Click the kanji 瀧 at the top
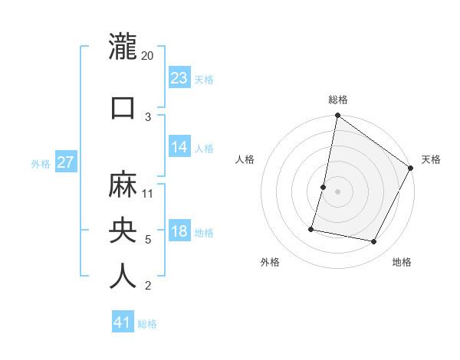coord(123,47)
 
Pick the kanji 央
coord(123,230)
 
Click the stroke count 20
coord(148,57)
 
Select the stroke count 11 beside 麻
coord(149,194)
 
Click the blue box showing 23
coord(179,78)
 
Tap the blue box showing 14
coord(179,147)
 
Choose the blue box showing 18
coord(179,232)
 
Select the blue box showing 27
coord(66,162)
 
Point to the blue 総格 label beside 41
coord(148,324)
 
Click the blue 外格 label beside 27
coord(41,164)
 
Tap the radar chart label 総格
coord(338,100)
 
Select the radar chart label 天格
coord(431,159)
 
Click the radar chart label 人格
coord(245,159)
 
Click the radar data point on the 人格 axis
coord(324,187)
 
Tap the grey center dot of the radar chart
coord(337,191)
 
